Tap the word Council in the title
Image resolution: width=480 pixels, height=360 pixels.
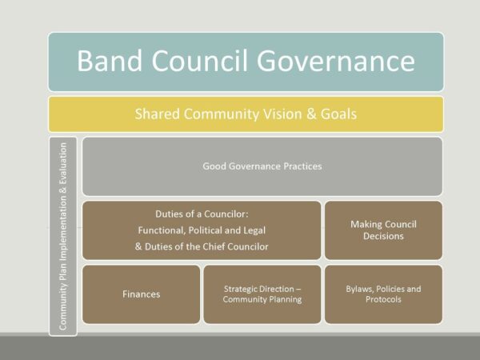tap(214, 62)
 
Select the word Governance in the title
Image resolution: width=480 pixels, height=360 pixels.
tap(346, 62)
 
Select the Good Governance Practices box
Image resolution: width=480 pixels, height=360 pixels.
tap(262, 166)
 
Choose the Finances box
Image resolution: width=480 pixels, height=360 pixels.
tap(141, 294)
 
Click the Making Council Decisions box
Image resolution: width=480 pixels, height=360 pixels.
tap(383, 230)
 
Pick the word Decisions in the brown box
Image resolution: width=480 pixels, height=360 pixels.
tap(384, 236)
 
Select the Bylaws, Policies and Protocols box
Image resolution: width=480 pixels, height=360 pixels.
tap(383, 294)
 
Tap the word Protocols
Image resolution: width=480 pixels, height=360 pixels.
tap(383, 300)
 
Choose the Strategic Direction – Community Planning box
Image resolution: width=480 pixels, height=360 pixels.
tap(262, 294)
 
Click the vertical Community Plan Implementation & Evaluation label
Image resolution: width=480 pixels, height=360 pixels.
tap(63, 236)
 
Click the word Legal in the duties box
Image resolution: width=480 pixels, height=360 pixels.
tap(247, 230)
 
